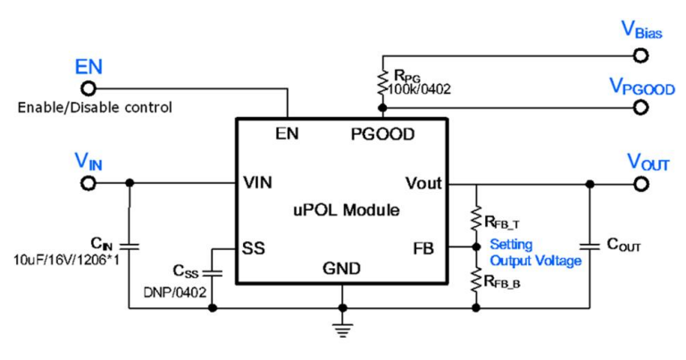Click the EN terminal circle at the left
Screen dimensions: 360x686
coord(88,88)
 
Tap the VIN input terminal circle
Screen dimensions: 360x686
coord(88,182)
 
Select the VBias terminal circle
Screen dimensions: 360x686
coord(640,54)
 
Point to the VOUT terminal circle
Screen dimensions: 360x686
coord(640,183)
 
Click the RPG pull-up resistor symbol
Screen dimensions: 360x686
coord(382,80)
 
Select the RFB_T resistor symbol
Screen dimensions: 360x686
coord(476,217)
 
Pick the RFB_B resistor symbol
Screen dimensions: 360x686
coord(476,279)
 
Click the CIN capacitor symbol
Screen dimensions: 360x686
coord(130,243)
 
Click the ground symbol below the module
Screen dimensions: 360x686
coord(340,327)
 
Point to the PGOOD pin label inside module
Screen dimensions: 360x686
coord(382,135)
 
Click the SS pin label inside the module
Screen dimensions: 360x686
coord(254,247)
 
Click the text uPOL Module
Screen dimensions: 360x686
coord(345,211)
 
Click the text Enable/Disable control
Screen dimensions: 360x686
coord(95,109)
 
